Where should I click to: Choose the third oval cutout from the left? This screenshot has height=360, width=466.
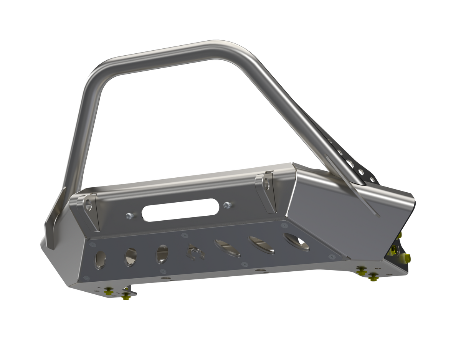(162, 254)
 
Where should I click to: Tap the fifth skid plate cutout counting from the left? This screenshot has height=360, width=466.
(228, 248)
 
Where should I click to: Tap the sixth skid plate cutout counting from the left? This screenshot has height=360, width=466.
(261, 244)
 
